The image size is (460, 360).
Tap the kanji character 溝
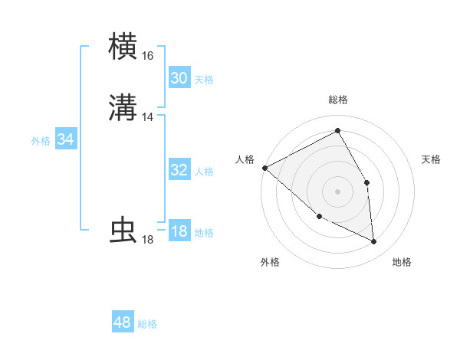pos(123,108)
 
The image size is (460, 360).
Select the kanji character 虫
pos(123,231)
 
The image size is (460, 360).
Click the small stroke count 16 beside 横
pos(147,56)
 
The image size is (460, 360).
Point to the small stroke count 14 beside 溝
pos(147,117)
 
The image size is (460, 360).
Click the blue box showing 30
pos(179,78)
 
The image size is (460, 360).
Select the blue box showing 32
pos(179,170)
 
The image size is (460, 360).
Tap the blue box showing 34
pos(66,139)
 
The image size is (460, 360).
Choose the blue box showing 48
pos(123,322)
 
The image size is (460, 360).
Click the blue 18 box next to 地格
pos(179,231)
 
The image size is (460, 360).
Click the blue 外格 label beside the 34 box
pos(41,141)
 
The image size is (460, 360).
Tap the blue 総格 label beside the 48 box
pos(147,325)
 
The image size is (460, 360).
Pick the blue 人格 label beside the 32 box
pos(204,172)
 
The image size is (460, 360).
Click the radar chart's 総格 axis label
pos(337,100)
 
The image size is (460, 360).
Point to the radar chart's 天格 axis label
pos(432,159)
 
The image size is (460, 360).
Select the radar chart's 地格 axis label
pos(402,263)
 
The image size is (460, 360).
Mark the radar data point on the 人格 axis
pos(264,168)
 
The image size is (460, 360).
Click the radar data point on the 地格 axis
pos(374,242)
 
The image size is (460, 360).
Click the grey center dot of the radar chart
pos(337,191)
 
